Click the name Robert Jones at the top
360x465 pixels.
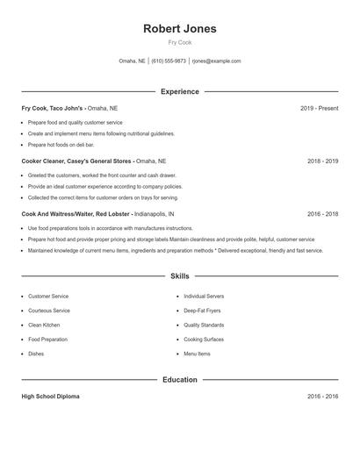point(179,28)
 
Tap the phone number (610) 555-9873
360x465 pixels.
point(169,61)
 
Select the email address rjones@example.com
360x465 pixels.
point(217,61)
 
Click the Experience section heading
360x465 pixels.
point(179,91)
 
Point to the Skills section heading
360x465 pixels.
point(179,275)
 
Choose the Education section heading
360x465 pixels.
point(179,380)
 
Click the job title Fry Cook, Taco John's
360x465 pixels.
point(53,108)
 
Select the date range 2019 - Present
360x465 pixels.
point(319,108)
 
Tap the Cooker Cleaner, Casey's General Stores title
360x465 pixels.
point(77,161)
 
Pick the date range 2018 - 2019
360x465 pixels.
point(322,161)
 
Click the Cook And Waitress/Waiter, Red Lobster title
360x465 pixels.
point(77,214)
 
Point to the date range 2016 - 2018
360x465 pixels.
point(322,214)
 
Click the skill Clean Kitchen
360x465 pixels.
point(44,325)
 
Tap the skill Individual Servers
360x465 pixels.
point(204,297)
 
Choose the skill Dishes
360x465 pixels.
point(36,354)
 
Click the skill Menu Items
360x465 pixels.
point(197,354)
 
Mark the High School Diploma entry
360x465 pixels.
point(50,397)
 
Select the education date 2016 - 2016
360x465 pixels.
point(322,397)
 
